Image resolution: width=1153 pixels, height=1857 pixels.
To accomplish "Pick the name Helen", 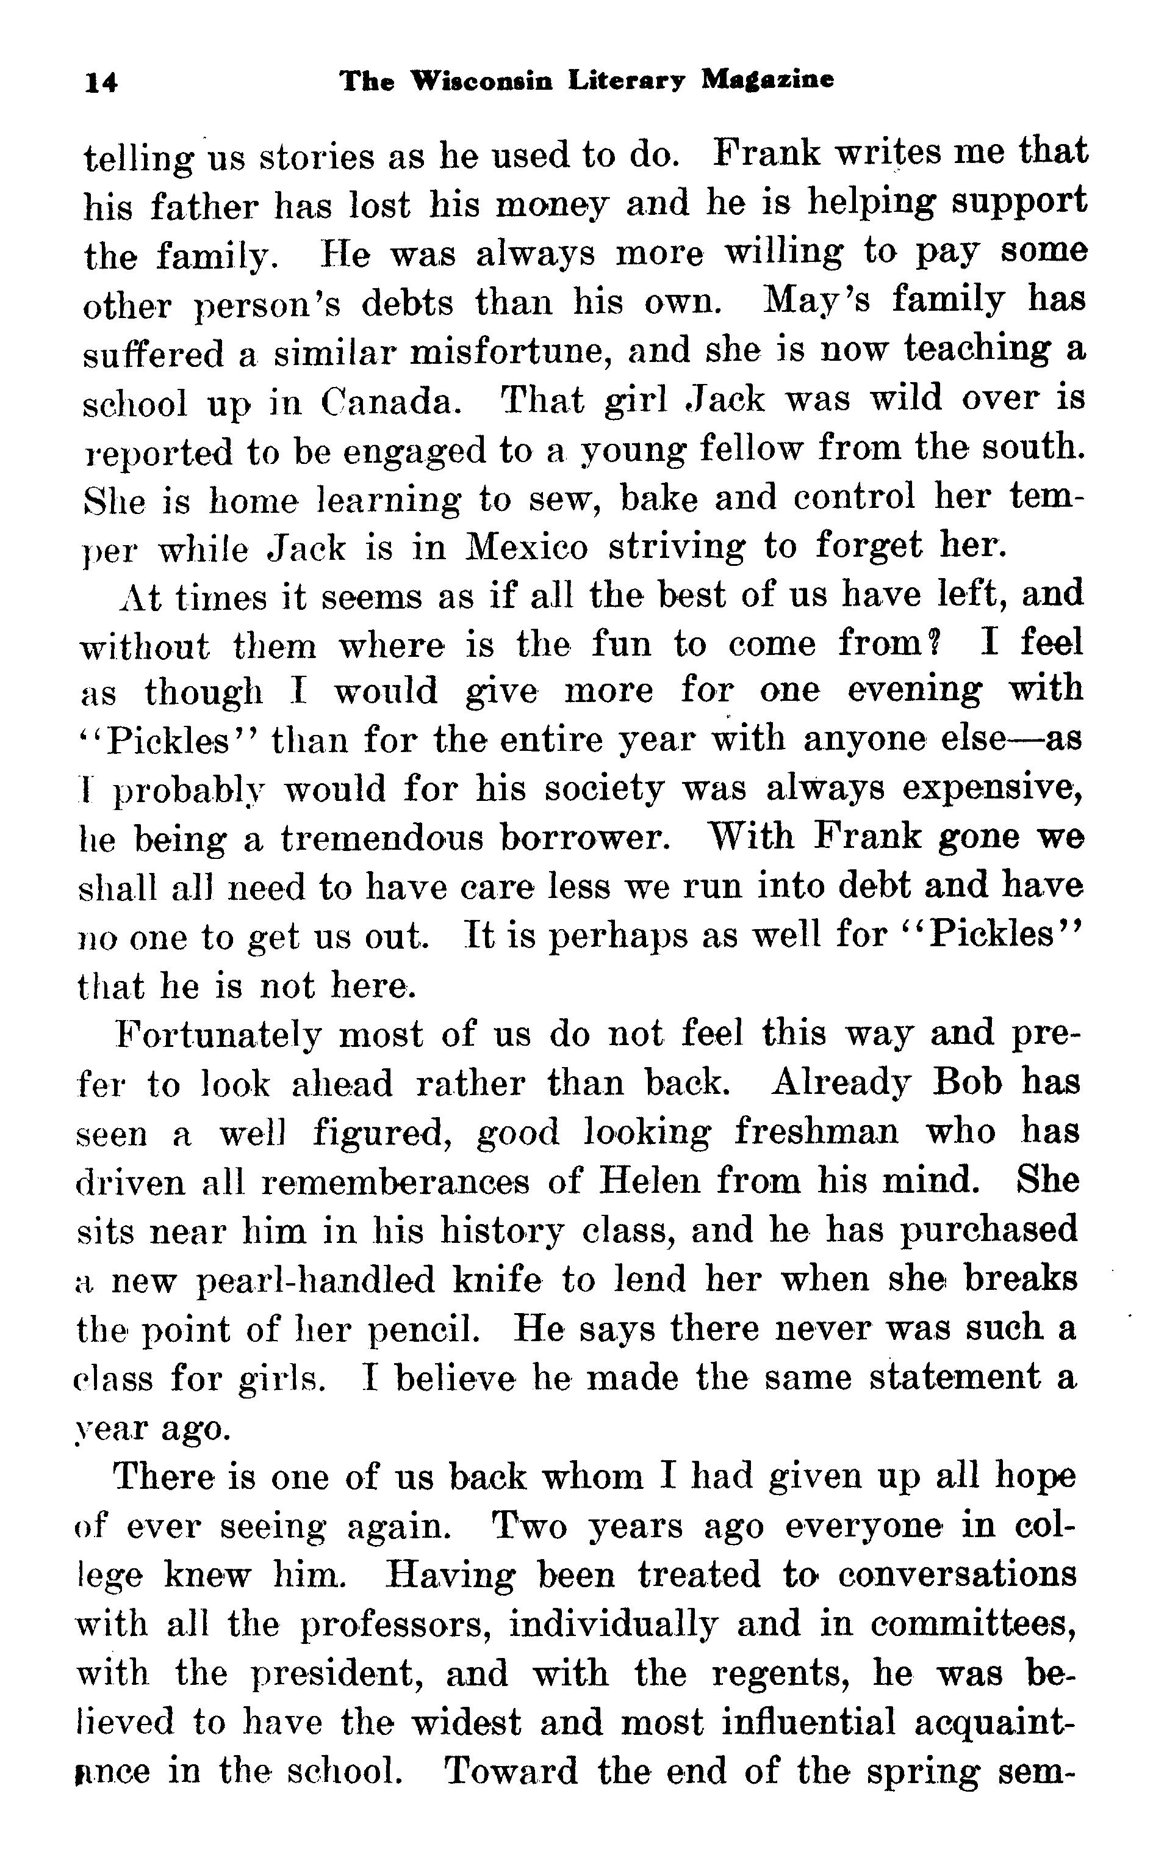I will pyautogui.click(x=650, y=1181).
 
